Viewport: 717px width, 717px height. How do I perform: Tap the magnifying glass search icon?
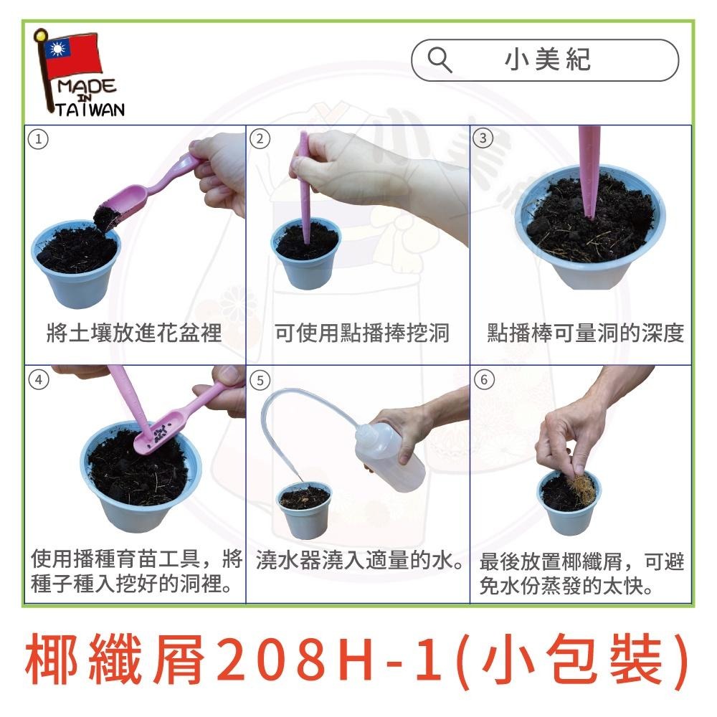click(439, 60)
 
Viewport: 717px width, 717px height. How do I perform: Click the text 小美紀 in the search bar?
click(548, 60)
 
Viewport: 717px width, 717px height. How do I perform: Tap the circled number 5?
click(260, 379)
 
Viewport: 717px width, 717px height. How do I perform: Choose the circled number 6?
click(485, 379)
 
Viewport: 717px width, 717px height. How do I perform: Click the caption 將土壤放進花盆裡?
click(133, 333)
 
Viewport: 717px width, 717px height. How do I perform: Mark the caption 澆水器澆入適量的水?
click(358, 560)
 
